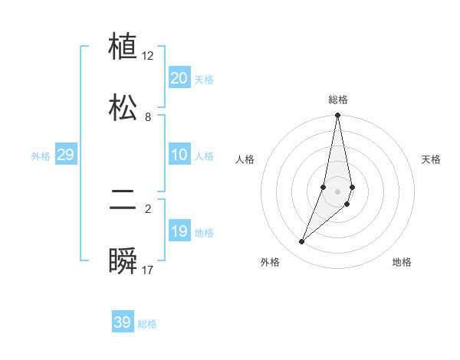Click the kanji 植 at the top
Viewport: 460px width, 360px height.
pos(123,47)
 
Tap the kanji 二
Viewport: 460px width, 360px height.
pos(123,201)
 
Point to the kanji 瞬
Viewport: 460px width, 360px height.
pos(123,261)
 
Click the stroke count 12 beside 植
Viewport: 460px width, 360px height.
pos(148,56)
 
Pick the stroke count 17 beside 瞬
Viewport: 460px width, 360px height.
pos(148,270)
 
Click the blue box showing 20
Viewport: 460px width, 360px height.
pos(179,77)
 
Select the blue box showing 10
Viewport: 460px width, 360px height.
pos(179,155)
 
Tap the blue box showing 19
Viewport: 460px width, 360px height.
pos(179,231)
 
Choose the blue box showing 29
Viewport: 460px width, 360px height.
pos(65,155)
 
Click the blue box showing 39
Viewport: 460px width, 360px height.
pos(122,322)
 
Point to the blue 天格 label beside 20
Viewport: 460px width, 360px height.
pos(203,79)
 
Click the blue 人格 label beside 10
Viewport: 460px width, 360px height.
pos(203,156)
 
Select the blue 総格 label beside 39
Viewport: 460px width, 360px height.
pos(147,324)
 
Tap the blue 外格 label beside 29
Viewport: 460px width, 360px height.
pos(41,156)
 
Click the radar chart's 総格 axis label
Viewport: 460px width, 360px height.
pos(338,100)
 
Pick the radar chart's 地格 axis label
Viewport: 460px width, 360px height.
pos(402,262)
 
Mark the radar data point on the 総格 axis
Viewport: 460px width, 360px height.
pos(337,116)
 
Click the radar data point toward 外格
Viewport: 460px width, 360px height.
pos(301,242)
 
